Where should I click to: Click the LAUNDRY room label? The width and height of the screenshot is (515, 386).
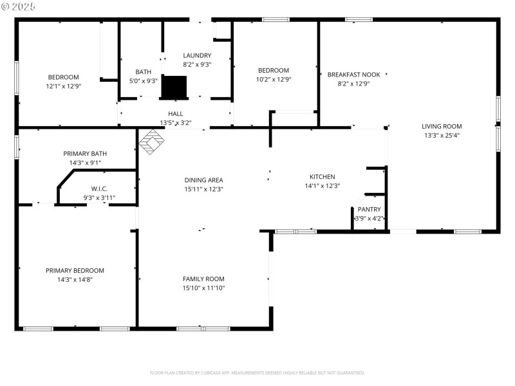197,55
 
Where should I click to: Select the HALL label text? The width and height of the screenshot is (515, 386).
176,114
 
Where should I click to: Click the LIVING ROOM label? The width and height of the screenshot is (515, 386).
442,127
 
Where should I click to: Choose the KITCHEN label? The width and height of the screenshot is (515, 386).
323,177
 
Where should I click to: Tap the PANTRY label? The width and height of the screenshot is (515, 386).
370,210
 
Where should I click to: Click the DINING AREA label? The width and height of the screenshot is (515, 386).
204,180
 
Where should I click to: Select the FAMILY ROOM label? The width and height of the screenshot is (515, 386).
203,279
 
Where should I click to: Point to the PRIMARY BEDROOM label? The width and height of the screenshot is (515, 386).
75,271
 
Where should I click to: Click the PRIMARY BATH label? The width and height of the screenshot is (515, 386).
85,154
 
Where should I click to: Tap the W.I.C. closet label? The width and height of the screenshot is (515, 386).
98,189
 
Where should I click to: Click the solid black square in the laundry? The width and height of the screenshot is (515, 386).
173,87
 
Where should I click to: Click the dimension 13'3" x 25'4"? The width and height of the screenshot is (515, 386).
442,135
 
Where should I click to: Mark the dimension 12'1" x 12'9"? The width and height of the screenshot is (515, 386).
64,86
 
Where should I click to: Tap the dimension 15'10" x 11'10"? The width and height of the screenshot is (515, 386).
203,288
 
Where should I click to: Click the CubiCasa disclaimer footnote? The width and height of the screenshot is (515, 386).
257,372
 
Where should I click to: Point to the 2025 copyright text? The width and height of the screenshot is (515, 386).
19,6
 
